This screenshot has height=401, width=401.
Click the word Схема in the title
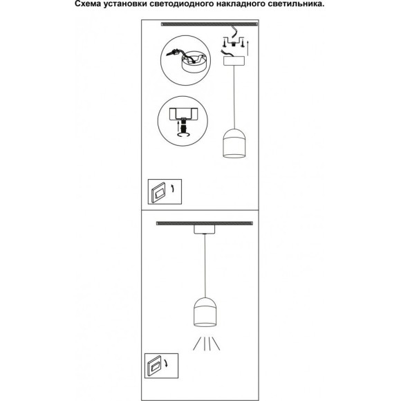click(x=87, y=4)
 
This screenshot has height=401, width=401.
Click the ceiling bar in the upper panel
click(x=209, y=24)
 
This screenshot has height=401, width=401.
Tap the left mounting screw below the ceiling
click(x=224, y=43)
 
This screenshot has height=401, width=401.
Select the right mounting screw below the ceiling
click(x=243, y=43)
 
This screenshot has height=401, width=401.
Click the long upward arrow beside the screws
click(x=248, y=48)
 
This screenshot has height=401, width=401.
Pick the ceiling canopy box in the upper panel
click(x=234, y=61)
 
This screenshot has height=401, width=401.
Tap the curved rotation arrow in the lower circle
click(x=183, y=135)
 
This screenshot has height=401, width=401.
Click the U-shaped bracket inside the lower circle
click(x=183, y=114)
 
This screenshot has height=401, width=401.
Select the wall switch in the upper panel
click(x=158, y=193)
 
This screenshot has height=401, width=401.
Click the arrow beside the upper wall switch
click(x=173, y=189)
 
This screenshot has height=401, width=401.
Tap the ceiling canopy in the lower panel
click(x=205, y=230)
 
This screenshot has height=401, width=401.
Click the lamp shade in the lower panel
click(x=205, y=312)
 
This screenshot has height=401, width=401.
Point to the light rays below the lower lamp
click(x=207, y=344)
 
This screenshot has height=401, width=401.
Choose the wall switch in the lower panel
click(x=154, y=366)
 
